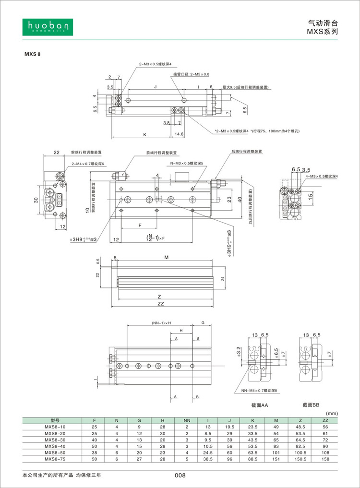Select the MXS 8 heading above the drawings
[x=33, y=54]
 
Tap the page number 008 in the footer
[x=180, y=476]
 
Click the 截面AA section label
[x=260, y=405]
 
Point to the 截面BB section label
[x=311, y=405]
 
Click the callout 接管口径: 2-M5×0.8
[x=191, y=74]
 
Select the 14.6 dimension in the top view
[x=180, y=134]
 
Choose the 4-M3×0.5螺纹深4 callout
[x=322, y=177]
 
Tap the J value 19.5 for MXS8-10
[x=229, y=427]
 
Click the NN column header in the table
[x=187, y=420]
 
